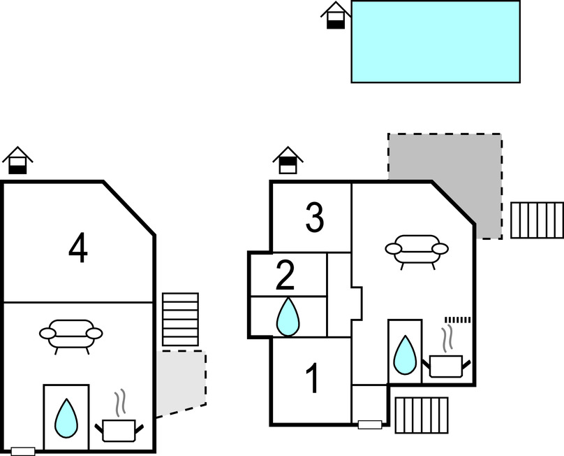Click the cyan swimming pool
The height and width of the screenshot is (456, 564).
436,42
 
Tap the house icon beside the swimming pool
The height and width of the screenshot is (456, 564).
336,15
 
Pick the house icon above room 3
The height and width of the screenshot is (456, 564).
288,160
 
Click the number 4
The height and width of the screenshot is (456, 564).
78,248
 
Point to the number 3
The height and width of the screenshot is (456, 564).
315,218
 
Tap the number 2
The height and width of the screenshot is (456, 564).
285,275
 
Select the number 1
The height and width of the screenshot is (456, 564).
313,379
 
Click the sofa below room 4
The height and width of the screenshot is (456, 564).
70,335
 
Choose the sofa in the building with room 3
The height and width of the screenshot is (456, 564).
417,250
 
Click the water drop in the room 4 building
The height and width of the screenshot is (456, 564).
66,418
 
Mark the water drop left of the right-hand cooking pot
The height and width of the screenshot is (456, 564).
404,355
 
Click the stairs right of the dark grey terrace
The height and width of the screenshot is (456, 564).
537,220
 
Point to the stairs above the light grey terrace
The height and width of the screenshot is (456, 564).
180,319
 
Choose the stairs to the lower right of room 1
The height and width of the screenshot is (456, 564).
422,415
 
